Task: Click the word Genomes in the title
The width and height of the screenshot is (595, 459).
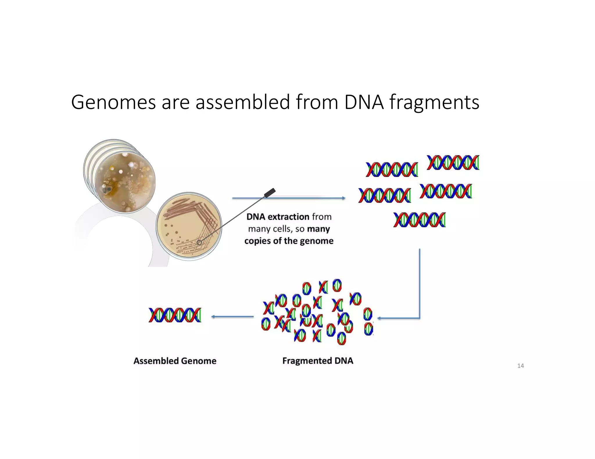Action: pos(113,102)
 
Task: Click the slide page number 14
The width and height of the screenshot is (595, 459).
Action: pos(520,366)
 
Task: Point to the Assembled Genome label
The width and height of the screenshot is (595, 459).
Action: pos(175,361)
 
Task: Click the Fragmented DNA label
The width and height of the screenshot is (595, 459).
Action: pos(318,361)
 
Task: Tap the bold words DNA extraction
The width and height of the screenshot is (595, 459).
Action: pos(278,217)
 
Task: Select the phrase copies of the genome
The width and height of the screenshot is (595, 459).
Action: pos(289,241)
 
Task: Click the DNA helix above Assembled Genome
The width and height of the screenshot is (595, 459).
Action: pos(175,315)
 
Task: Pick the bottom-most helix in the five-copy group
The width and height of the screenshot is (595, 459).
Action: pos(420,220)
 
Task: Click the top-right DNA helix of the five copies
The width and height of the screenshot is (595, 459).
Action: pos(453,162)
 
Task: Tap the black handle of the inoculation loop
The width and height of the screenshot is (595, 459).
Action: pos(270,192)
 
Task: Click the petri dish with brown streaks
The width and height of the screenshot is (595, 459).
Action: pos(189,226)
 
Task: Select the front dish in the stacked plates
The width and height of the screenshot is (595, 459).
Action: pos(126,183)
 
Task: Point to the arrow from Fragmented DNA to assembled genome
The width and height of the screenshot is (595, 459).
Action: pos(232,317)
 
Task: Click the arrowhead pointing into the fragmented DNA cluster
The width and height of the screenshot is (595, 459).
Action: pos(379,318)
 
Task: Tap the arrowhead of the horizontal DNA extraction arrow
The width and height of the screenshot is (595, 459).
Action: pos(344,198)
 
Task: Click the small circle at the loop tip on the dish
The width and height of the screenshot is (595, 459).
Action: pos(199,242)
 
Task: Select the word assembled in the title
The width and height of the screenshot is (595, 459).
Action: pos(243,102)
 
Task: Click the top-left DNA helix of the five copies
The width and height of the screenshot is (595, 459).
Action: pos(392,169)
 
